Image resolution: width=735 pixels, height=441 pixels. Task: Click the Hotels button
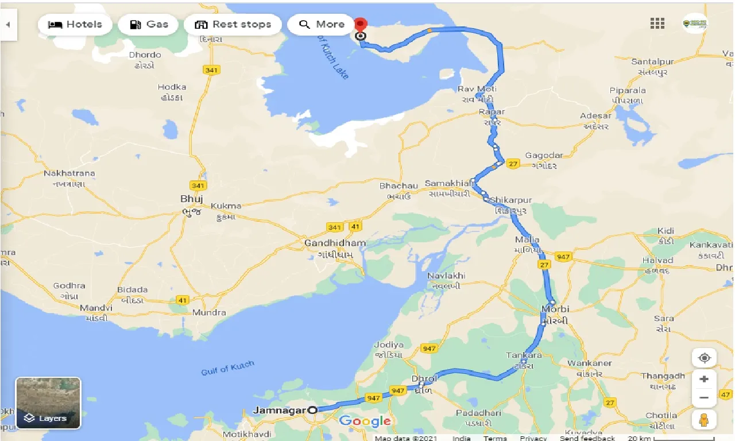point(75,25)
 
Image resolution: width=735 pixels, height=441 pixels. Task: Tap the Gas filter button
point(148,25)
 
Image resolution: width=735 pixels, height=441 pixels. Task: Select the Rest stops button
point(233,25)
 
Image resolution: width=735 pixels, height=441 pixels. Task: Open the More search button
point(322,25)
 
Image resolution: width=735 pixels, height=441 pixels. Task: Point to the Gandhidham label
point(335,243)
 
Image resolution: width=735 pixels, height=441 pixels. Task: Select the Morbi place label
point(555,310)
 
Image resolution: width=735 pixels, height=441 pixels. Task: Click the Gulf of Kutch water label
point(227,368)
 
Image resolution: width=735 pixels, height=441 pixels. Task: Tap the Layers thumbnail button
point(48,403)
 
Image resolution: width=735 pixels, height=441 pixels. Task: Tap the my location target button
point(705,358)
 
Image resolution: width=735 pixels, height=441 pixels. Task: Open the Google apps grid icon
point(657,24)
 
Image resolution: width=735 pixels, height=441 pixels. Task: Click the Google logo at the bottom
point(365,421)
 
